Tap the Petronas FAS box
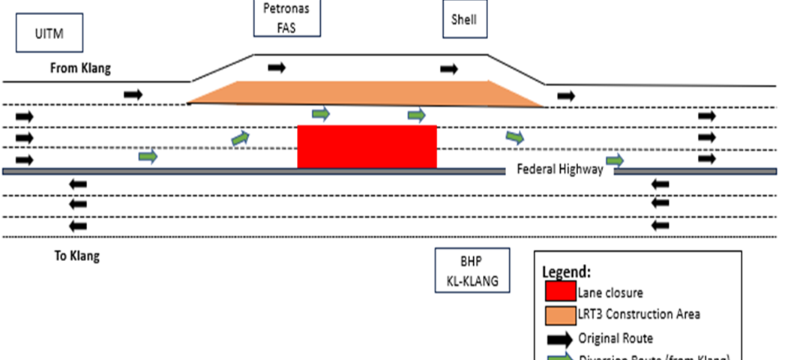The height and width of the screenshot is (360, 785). (x=287, y=19)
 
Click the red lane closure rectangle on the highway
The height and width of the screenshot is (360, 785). (x=367, y=147)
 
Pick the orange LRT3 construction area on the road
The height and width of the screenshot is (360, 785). (x=364, y=94)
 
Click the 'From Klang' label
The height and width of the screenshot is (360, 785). (x=80, y=68)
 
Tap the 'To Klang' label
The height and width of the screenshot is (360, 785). (x=76, y=256)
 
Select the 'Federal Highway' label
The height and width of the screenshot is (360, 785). (x=559, y=169)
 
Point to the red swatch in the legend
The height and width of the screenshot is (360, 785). (x=559, y=292)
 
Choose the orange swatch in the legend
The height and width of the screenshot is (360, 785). (x=559, y=314)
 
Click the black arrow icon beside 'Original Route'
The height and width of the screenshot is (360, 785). (x=560, y=338)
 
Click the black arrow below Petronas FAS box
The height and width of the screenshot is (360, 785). (x=277, y=67)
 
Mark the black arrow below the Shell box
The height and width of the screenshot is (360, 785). (x=449, y=69)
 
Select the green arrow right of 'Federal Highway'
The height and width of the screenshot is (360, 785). (x=616, y=160)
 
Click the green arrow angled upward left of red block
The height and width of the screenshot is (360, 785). (x=240, y=138)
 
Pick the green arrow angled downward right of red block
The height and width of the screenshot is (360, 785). (x=514, y=137)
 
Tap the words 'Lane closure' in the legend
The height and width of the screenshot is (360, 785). (x=609, y=293)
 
